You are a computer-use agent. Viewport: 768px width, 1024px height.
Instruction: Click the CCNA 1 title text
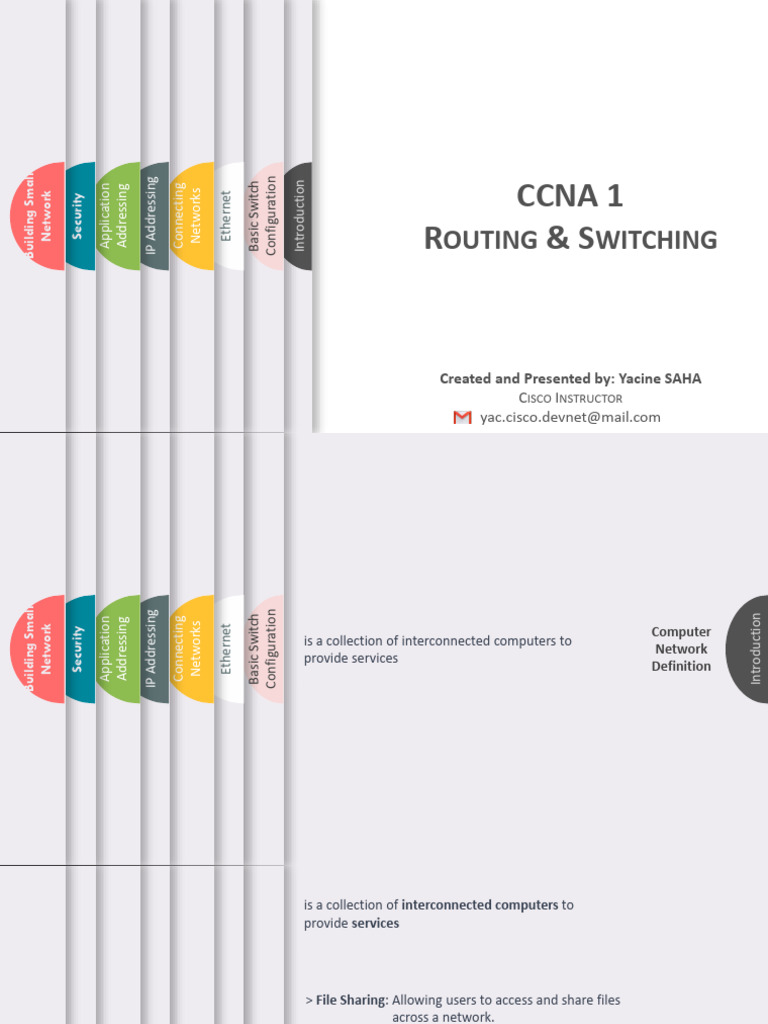pyautogui.click(x=569, y=197)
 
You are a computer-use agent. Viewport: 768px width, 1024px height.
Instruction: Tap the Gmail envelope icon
pyautogui.click(x=462, y=417)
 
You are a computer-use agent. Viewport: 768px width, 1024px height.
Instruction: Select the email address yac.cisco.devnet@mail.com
pyautogui.click(x=570, y=417)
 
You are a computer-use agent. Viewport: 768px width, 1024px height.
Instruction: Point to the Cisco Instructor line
pyautogui.click(x=570, y=398)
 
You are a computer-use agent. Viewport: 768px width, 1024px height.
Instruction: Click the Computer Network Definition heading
pyautogui.click(x=681, y=649)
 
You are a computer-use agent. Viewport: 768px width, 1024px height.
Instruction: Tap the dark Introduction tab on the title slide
pyautogui.click(x=298, y=215)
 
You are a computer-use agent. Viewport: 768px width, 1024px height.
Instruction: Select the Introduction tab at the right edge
pyautogui.click(x=752, y=649)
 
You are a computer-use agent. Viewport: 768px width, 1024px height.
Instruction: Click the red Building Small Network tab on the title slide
pyautogui.click(x=38, y=215)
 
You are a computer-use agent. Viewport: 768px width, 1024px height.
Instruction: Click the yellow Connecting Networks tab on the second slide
pyautogui.click(x=189, y=648)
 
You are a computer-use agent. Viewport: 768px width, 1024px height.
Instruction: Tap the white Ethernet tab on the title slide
pyautogui.click(x=227, y=215)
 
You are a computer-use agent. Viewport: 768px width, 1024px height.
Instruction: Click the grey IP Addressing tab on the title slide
pyautogui.click(x=153, y=215)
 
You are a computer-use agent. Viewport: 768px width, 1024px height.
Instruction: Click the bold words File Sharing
pyautogui.click(x=351, y=1000)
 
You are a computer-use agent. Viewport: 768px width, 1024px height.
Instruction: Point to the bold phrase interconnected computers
pyautogui.click(x=479, y=905)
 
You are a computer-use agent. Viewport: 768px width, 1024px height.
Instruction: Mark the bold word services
pyautogui.click(x=375, y=923)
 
